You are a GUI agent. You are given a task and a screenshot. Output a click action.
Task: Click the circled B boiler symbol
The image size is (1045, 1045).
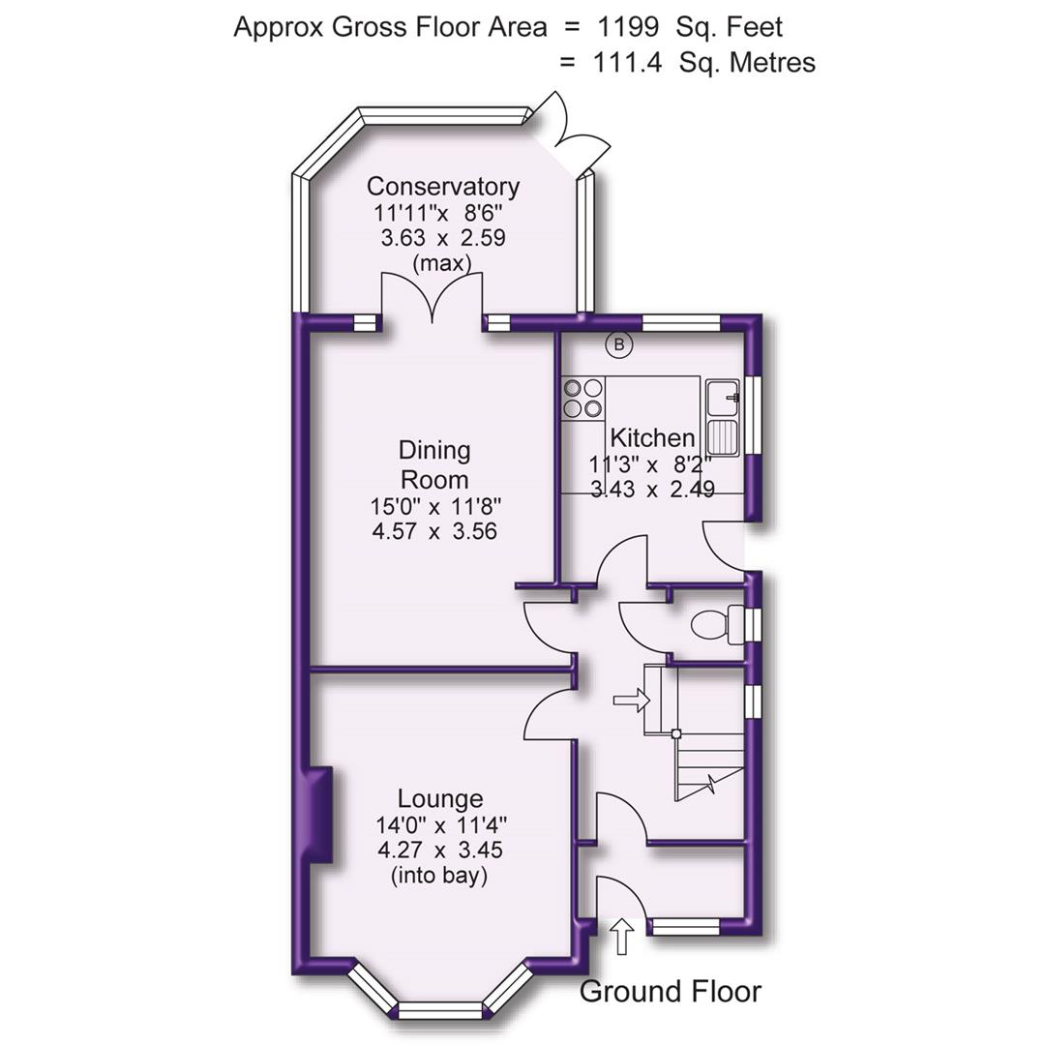point(618,343)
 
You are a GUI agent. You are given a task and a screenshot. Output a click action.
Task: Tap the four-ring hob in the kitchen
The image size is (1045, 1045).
point(583,398)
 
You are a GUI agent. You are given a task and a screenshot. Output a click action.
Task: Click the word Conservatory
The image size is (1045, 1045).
point(442,187)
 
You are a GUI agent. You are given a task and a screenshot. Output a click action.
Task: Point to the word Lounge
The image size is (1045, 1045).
point(440,799)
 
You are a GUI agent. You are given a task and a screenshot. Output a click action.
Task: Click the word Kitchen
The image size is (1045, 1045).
point(652,438)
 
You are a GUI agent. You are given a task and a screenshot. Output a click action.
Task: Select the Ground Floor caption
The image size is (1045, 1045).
point(670,992)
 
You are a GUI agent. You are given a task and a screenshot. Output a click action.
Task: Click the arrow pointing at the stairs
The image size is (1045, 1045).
point(630,700)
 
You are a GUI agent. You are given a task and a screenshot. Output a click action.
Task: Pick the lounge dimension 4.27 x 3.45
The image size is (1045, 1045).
point(440,851)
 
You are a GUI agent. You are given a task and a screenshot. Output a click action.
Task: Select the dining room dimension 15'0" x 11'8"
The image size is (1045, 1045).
point(434,505)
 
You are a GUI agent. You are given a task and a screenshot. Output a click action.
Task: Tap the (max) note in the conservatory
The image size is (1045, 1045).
point(441,263)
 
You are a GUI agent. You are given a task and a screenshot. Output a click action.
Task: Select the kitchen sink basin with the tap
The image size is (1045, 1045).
point(723,398)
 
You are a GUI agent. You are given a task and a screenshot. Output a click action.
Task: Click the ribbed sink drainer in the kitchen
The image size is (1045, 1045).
point(723,438)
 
